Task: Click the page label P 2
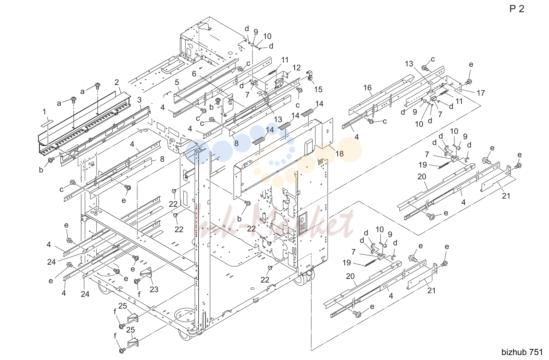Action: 516,9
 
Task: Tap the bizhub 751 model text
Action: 522,352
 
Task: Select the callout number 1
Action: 44,112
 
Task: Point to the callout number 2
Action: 117,82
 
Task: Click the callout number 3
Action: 139,100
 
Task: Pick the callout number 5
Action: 177,82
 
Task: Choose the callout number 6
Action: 194,74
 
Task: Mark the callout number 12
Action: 296,67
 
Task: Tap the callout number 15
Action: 318,89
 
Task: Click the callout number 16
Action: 368,87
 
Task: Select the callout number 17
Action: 481,93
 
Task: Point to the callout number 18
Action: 339,154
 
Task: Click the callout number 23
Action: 154,289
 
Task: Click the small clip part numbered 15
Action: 310,75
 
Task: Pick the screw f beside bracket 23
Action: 137,281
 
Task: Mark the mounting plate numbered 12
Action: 276,82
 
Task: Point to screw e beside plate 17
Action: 468,81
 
